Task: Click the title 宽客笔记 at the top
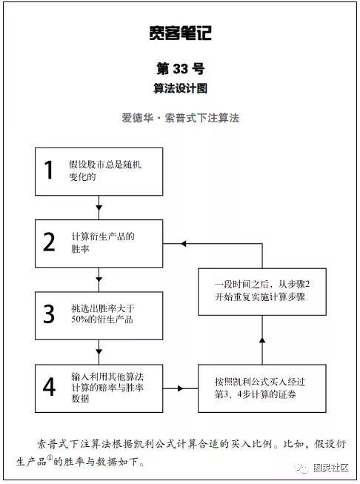(x=181, y=33)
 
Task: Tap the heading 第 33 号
(x=181, y=68)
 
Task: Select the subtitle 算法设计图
(x=181, y=89)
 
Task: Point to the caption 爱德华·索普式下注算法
(x=181, y=118)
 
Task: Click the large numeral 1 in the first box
(x=49, y=170)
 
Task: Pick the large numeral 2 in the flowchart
(x=49, y=242)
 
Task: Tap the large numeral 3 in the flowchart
(x=49, y=314)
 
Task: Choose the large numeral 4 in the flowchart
(x=49, y=386)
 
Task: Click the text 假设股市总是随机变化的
(x=105, y=170)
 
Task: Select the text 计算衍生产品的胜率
(x=103, y=242)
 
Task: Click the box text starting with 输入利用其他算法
(x=107, y=388)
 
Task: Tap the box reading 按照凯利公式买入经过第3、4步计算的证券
(x=262, y=388)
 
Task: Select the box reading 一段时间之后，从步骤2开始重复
(x=262, y=292)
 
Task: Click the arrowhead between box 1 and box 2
(x=99, y=208)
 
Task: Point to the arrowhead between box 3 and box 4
(x=99, y=352)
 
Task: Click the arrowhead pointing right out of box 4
(x=181, y=388)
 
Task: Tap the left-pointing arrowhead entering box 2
(x=183, y=244)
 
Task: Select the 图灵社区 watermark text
(x=331, y=468)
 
